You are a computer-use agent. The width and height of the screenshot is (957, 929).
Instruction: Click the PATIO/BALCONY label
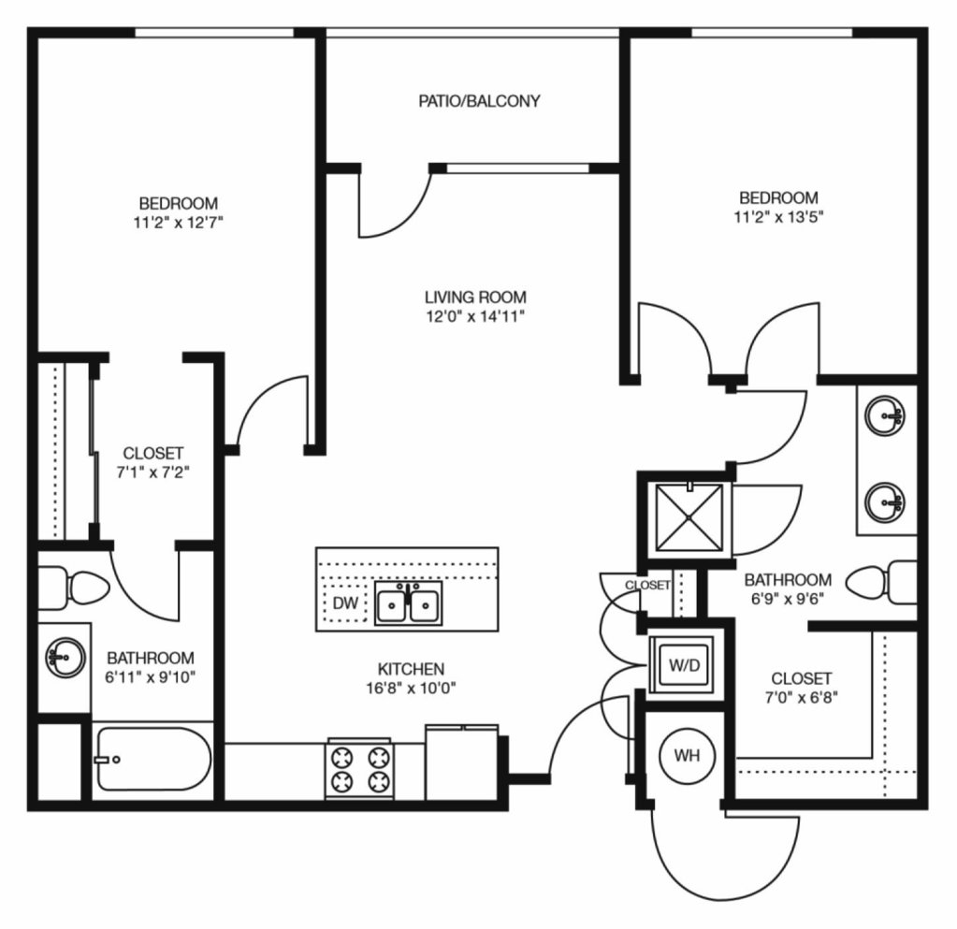point(479,101)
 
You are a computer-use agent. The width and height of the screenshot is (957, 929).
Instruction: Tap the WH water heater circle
point(687,756)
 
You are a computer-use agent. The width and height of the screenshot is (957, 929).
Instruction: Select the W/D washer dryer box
point(683,664)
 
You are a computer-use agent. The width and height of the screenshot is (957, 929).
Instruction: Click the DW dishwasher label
point(345,603)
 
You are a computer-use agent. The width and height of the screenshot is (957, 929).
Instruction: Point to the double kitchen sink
point(408,603)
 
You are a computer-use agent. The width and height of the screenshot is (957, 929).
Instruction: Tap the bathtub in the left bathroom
point(153,760)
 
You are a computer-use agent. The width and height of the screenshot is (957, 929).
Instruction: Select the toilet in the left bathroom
point(74,588)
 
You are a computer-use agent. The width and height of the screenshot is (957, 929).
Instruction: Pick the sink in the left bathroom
point(65,657)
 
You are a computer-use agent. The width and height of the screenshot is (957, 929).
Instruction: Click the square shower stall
point(689,517)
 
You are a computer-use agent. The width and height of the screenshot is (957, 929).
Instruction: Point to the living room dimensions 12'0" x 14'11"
point(475,316)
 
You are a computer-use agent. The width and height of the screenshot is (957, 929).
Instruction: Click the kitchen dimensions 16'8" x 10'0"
point(411,688)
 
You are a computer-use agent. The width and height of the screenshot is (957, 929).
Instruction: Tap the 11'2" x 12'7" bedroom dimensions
point(179,222)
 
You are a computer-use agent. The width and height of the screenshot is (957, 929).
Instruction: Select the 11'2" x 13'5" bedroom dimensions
point(778,217)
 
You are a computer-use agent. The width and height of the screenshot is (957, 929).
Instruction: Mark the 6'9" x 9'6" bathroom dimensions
point(788,598)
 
